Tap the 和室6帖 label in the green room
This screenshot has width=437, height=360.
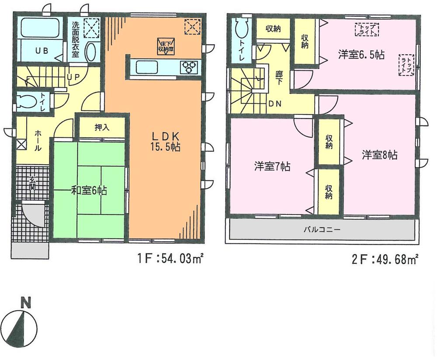pos(90,190)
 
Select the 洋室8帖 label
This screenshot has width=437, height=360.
pos(379,155)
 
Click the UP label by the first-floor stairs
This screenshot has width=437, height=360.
pos(72,77)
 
